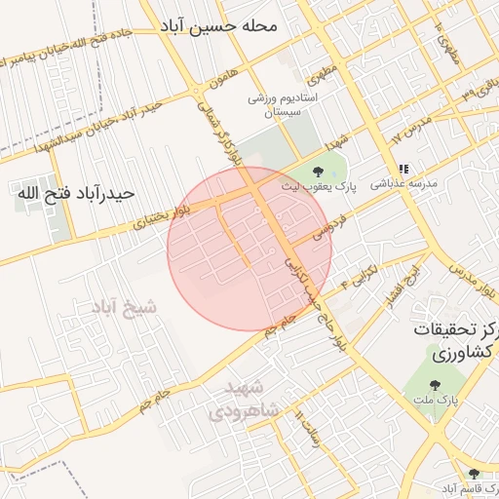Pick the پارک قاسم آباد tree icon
pos(475,474)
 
